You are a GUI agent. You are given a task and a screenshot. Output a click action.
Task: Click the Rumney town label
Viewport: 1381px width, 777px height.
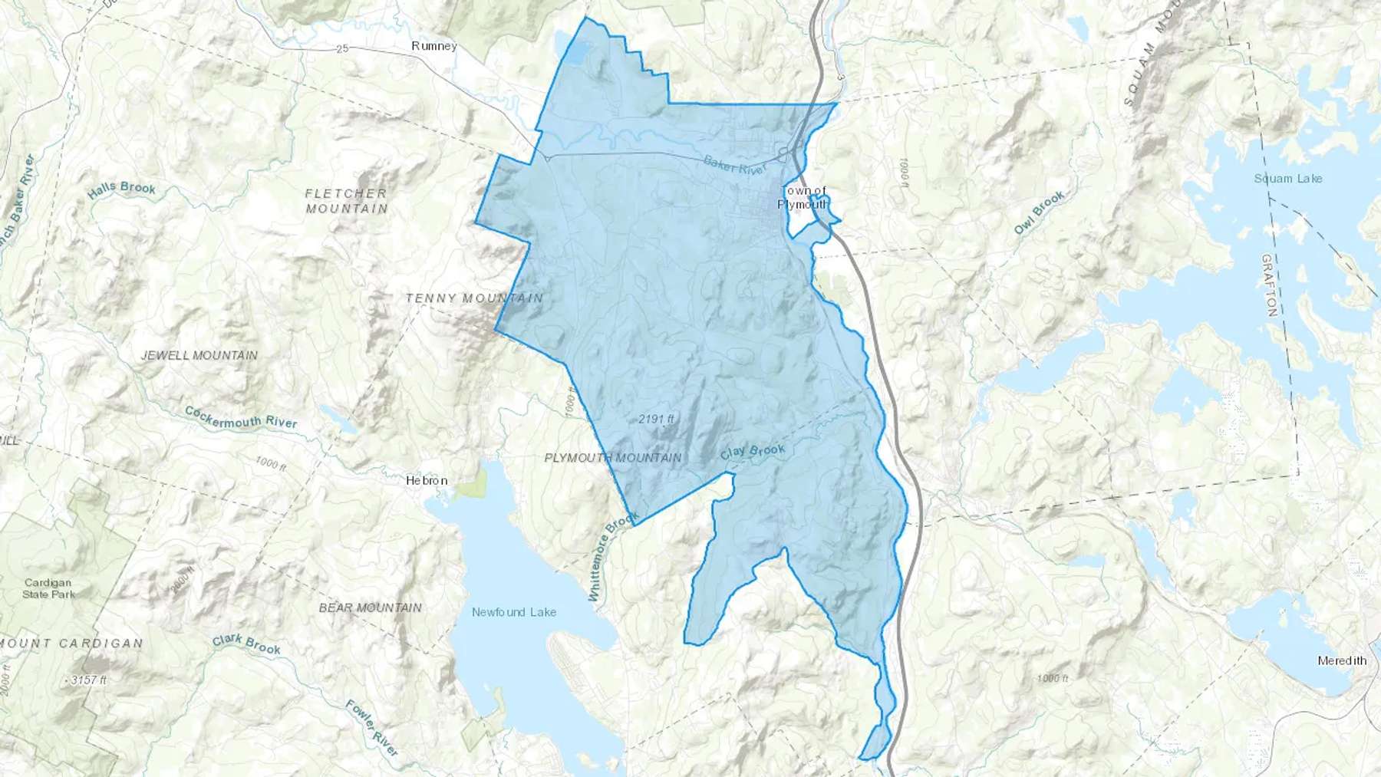click(x=434, y=46)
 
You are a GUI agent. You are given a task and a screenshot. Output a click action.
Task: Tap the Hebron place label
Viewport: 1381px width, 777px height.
click(x=427, y=481)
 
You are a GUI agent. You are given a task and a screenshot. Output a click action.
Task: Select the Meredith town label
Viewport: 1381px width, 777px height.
click(x=1342, y=660)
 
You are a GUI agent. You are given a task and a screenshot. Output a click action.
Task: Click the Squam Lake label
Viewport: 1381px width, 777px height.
click(x=1288, y=179)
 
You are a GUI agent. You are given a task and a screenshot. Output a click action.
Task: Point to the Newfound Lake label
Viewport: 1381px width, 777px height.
click(x=514, y=612)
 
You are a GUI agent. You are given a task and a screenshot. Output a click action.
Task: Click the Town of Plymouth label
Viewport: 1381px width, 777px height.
click(x=803, y=197)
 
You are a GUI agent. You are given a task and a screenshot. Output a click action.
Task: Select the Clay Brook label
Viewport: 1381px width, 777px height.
click(x=753, y=452)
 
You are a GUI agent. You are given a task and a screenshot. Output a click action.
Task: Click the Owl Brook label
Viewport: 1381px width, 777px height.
click(x=1040, y=212)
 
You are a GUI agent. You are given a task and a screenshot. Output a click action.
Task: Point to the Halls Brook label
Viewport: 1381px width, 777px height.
click(x=122, y=189)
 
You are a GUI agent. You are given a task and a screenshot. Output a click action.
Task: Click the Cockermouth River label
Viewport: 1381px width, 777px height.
click(x=241, y=417)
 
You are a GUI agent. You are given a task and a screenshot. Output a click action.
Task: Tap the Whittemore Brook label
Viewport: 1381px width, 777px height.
click(x=613, y=557)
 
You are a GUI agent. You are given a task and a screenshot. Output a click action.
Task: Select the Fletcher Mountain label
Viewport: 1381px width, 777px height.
click(x=346, y=201)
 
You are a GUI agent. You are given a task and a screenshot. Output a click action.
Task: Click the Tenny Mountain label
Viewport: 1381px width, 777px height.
click(x=474, y=298)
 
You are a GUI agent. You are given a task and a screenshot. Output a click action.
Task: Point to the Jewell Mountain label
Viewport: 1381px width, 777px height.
click(x=199, y=355)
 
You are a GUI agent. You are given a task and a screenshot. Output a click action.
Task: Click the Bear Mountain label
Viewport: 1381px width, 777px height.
click(x=371, y=607)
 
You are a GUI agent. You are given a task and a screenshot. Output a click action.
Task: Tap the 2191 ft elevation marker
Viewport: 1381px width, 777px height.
click(x=656, y=419)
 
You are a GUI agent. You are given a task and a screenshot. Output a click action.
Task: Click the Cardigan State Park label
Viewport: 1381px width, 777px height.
click(x=49, y=588)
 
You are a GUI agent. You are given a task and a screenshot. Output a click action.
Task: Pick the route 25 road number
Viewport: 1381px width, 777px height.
click(x=342, y=49)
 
